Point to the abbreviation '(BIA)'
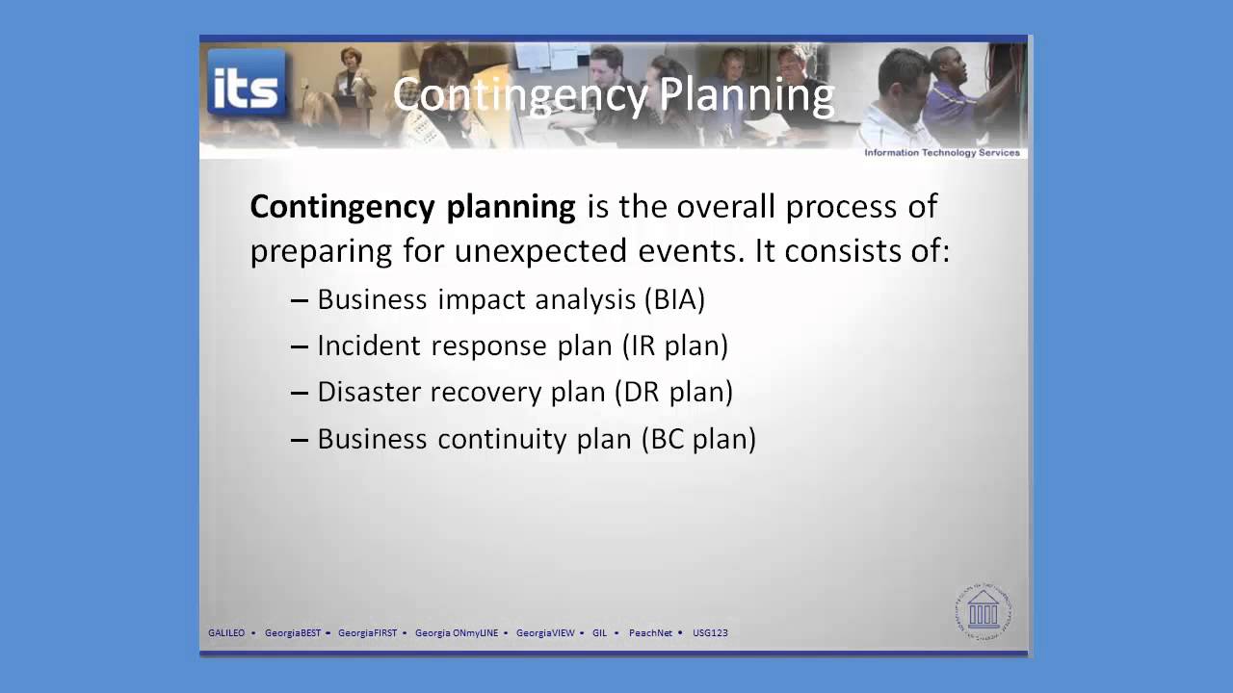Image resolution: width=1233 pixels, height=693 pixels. tap(674, 299)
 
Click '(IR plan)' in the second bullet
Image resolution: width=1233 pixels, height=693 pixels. tap(674, 346)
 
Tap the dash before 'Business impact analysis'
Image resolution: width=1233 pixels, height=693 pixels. tap(300, 300)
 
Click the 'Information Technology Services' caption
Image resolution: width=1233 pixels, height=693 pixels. tap(941, 153)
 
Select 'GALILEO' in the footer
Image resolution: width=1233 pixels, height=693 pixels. tap(226, 633)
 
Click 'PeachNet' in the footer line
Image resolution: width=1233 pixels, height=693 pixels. tap(650, 633)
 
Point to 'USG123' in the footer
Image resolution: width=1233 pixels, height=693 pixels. tap(710, 633)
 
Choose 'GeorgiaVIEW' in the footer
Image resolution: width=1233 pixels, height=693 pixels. tap(545, 633)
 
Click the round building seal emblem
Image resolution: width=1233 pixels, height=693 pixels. tap(984, 610)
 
